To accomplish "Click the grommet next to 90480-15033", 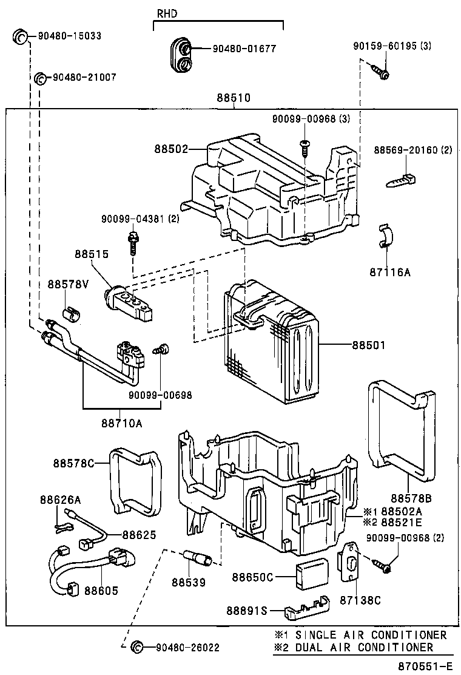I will point(21,36).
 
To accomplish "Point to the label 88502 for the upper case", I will point(171,149).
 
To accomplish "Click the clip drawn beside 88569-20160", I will point(401,180).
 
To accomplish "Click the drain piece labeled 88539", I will point(198,557).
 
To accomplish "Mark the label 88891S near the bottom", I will point(247,610).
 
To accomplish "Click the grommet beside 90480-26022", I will point(137,648).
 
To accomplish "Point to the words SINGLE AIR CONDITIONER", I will point(371,635).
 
